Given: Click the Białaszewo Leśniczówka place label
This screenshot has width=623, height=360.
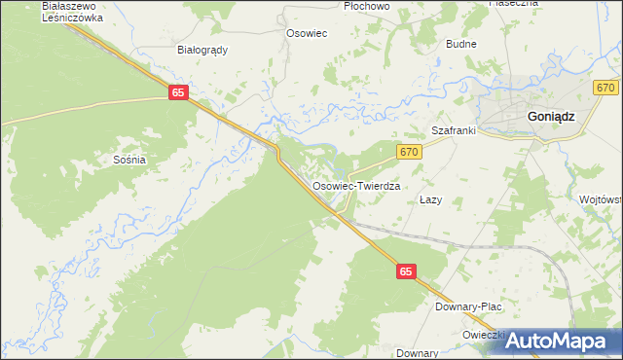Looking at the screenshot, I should (72, 11).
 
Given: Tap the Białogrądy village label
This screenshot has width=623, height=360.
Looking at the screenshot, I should (202, 50).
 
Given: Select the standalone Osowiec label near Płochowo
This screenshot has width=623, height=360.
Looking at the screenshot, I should (306, 32).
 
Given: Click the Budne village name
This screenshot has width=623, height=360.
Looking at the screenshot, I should (460, 45).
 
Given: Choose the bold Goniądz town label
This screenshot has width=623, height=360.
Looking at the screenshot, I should (550, 115).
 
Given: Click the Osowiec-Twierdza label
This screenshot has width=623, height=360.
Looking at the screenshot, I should (356, 184).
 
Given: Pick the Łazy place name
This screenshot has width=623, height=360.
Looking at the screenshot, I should (430, 199).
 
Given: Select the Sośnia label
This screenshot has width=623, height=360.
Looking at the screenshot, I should (129, 159).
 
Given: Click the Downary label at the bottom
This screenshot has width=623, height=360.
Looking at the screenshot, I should (418, 352).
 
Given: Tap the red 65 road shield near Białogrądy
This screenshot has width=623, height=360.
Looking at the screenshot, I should (177, 91).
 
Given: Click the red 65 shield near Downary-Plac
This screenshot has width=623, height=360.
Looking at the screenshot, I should (407, 275).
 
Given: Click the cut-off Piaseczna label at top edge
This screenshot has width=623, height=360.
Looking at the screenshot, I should (513, 4).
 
